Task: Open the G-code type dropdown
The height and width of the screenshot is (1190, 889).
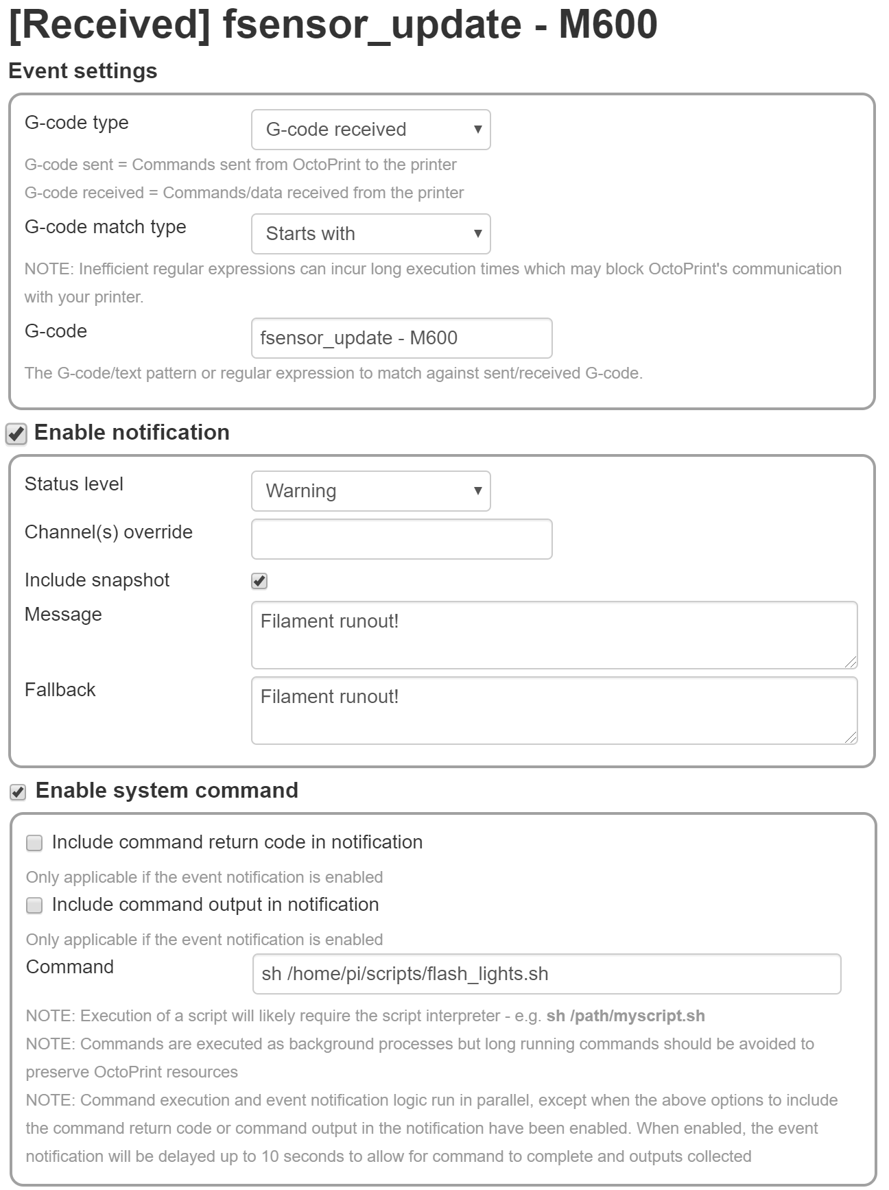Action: click(x=370, y=130)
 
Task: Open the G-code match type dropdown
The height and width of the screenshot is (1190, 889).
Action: click(x=370, y=234)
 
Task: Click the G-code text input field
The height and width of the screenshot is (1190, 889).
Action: click(x=401, y=338)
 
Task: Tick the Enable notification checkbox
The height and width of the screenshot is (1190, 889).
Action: click(x=16, y=433)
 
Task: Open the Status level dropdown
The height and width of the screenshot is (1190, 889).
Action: click(x=370, y=491)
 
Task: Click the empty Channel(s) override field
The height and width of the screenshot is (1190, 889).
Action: click(x=401, y=539)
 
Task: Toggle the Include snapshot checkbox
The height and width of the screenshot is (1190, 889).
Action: click(x=259, y=581)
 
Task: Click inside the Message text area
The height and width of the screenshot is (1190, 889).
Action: click(x=554, y=635)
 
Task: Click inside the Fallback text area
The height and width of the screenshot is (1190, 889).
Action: click(x=554, y=711)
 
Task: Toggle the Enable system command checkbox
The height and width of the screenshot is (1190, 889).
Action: click(x=18, y=792)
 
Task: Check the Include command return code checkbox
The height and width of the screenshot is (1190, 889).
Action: click(x=34, y=843)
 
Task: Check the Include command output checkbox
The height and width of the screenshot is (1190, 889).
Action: click(x=34, y=905)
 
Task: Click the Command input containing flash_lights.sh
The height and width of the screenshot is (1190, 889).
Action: click(x=546, y=974)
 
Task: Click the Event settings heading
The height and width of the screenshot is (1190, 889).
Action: click(x=83, y=71)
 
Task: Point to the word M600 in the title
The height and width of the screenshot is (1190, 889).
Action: click(x=608, y=25)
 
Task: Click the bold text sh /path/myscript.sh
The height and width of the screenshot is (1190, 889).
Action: click(x=625, y=1016)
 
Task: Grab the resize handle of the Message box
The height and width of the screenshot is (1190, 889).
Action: click(x=851, y=662)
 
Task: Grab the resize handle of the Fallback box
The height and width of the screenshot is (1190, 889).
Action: click(x=851, y=737)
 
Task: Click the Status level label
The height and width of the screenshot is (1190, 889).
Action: click(x=74, y=484)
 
